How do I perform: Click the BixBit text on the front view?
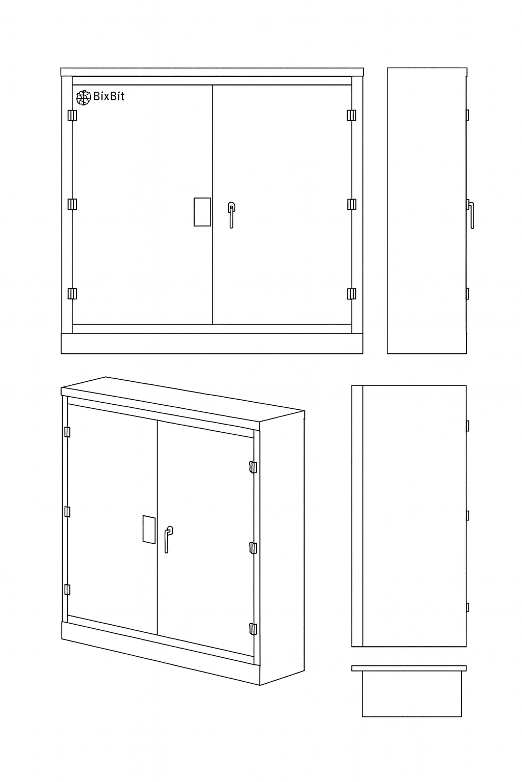click(x=109, y=96)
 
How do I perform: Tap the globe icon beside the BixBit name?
click(x=84, y=97)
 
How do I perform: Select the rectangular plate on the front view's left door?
click(x=202, y=212)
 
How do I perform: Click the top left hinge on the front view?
click(x=72, y=115)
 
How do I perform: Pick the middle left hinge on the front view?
click(x=72, y=204)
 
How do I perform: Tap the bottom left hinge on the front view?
click(x=72, y=294)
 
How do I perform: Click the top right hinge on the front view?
click(x=352, y=115)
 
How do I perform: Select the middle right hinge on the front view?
click(x=352, y=204)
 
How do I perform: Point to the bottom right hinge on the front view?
click(x=352, y=294)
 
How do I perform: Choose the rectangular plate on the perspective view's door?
click(x=149, y=529)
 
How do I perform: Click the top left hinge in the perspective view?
click(x=67, y=432)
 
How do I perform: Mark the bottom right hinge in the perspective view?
click(x=253, y=629)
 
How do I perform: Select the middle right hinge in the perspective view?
click(x=253, y=548)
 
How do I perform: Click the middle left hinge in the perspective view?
click(x=67, y=512)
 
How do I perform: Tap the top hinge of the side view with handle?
click(x=467, y=115)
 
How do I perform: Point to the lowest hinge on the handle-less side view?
click(x=467, y=607)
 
